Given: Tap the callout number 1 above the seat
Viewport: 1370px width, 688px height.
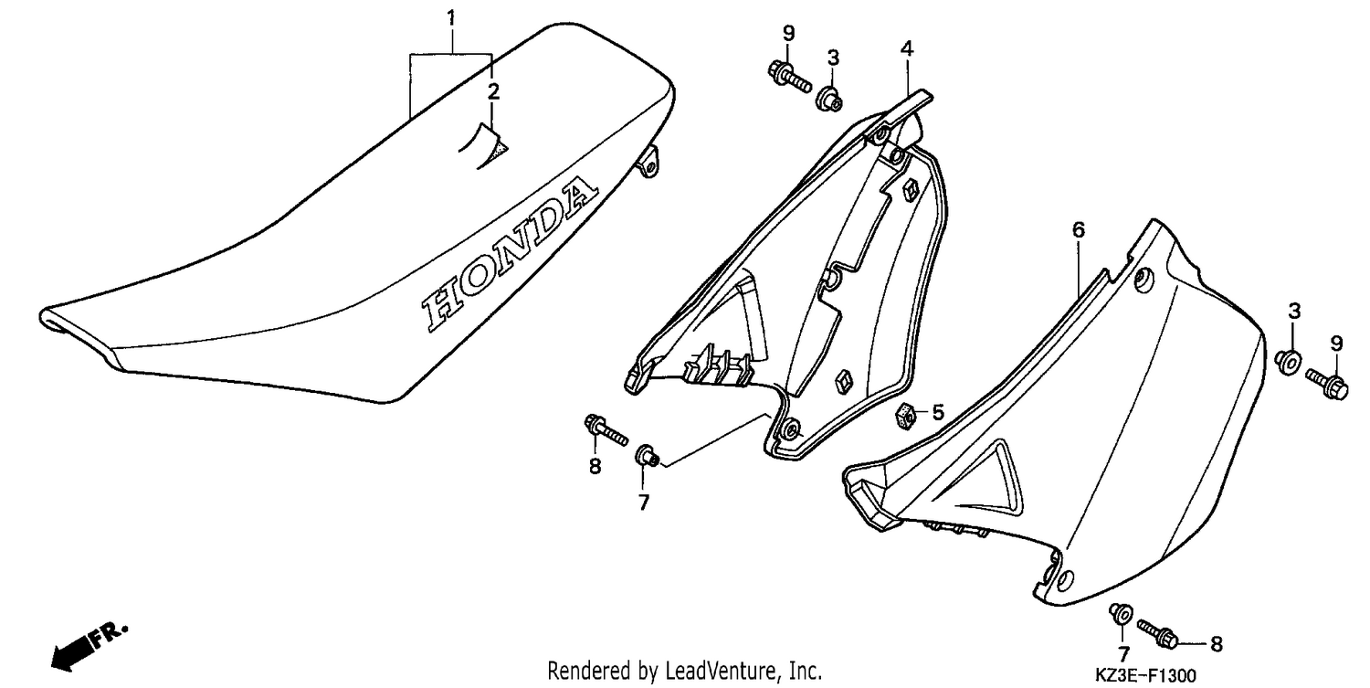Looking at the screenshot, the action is pos(451,17).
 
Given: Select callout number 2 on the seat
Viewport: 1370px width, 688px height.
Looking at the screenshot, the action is pos(493,91).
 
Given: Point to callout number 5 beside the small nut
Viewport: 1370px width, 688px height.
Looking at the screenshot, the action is pos(938,413).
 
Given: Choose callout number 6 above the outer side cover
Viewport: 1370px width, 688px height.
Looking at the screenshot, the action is pos(1079,230).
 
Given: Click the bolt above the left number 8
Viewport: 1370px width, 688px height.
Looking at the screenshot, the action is pos(606,429).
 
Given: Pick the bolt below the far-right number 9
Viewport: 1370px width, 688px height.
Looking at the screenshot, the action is pos(1326,384).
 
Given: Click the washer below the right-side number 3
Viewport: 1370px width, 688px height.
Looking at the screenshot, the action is pos(1288,362).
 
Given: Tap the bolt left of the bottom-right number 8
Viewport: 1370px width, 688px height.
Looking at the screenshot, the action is pos(1158,634).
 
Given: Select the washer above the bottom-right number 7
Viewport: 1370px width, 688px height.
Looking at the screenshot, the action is pos(1121,615).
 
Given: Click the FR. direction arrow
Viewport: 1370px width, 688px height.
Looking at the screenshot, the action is pos(89,648).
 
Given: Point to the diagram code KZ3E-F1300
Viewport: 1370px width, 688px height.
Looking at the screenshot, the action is pos(1145,675).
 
